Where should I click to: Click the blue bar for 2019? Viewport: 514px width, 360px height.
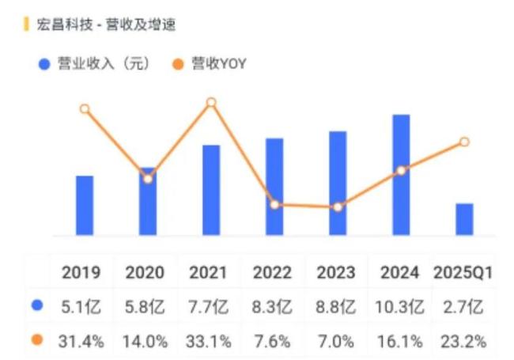pyautogui.click(x=85, y=206)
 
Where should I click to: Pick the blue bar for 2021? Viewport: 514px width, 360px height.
pyautogui.click(x=211, y=190)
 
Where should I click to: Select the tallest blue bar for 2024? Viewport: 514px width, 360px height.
pyautogui.click(x=401, y=175)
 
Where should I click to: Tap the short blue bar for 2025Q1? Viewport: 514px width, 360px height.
pyautogui.click(x=464, y=219)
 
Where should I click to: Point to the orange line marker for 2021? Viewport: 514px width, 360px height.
pyautogui.click(x=211, y=103)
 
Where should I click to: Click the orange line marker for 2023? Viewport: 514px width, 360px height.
pyautogui.click(x=338, y=207)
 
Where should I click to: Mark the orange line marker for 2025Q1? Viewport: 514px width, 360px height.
pyautogui.click(x=464, y=142)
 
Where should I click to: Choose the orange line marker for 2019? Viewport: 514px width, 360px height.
pyautogui.click(x=85, y=109)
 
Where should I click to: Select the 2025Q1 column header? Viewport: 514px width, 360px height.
pyautogui.click(x=463, y=273)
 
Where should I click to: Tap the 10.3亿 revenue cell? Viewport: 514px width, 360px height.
pyautogui.click(x=401, y=306)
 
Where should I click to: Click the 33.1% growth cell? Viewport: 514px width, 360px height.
pyautogui.click(x=209, y=341)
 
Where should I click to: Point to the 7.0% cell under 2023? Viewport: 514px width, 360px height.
pyautogui.click(x=337, y=341)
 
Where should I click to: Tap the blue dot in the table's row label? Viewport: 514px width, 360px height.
pyautogui.click(x=36, y=305)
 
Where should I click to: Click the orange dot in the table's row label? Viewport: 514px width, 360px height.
pyautogui.click(x=36, y=341)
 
